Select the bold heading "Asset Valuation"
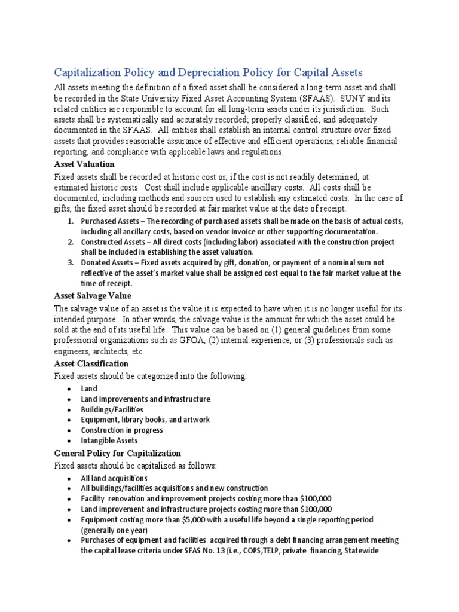(x=84, y=164)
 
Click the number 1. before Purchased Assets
(x=70, y=221)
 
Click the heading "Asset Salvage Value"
(x=93, y=296)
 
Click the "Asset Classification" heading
(x=91, y=363)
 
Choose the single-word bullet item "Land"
(x=90, y=388)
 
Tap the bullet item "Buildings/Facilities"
(x=112, y=409)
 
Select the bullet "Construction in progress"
(x=122, y=430)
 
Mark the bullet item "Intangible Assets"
(x=109, y=441)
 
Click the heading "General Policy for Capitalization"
(x=117, y=453)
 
